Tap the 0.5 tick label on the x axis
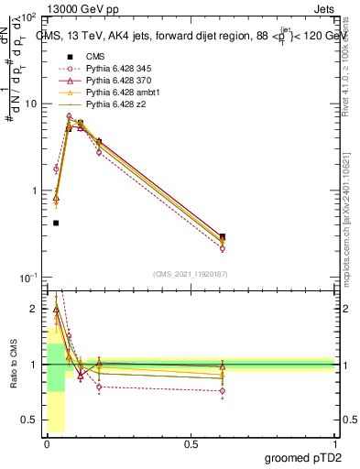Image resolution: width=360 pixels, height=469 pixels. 191,444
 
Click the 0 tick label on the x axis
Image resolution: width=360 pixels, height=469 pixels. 47,444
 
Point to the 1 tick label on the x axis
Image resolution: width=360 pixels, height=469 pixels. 334,444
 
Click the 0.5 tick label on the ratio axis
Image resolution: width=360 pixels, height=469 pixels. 31,421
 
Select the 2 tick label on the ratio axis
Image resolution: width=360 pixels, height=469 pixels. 36,309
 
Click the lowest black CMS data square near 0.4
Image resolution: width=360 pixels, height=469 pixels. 56,223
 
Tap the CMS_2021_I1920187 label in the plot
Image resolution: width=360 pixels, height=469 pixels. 190,274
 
